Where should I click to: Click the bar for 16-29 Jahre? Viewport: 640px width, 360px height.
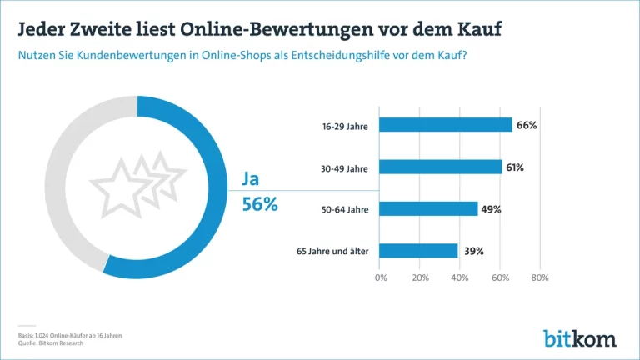(x=446, y=125)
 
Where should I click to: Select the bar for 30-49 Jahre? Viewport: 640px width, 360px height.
(x=441, y=167)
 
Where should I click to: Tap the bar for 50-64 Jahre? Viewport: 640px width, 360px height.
(x=428, y=208)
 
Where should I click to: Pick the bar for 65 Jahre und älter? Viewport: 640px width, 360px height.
(x=419, y=250)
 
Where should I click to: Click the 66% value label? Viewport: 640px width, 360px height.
(x=526, y=125)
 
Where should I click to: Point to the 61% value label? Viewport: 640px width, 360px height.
(x=514, y=167)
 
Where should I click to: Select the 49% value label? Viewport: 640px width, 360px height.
(x=491, y=209)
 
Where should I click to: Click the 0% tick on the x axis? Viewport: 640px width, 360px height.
(x=381, y=277)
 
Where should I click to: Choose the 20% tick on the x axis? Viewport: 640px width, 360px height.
(x=420, y=277)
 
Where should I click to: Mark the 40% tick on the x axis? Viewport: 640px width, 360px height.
(x=460, y=277)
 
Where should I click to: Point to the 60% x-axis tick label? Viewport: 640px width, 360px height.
(x=499, y=277)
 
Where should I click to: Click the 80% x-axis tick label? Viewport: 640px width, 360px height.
(x=539, y=277)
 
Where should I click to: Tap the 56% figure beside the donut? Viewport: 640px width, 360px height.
(x=260, y=204)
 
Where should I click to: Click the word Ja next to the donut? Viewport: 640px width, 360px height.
(x=251, y=179)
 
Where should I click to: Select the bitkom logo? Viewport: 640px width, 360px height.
(x=581, y=337)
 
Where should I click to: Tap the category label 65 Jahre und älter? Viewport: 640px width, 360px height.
(x=332, y=251)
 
